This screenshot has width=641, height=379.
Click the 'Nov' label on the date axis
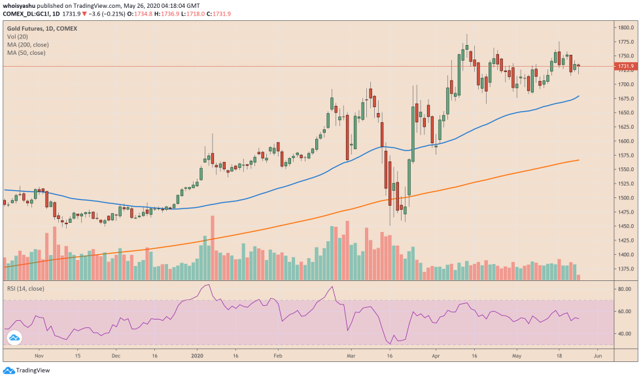39,357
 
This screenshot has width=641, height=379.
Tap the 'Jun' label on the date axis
597,357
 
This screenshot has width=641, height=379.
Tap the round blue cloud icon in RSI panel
14,338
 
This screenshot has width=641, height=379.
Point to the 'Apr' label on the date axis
436,357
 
